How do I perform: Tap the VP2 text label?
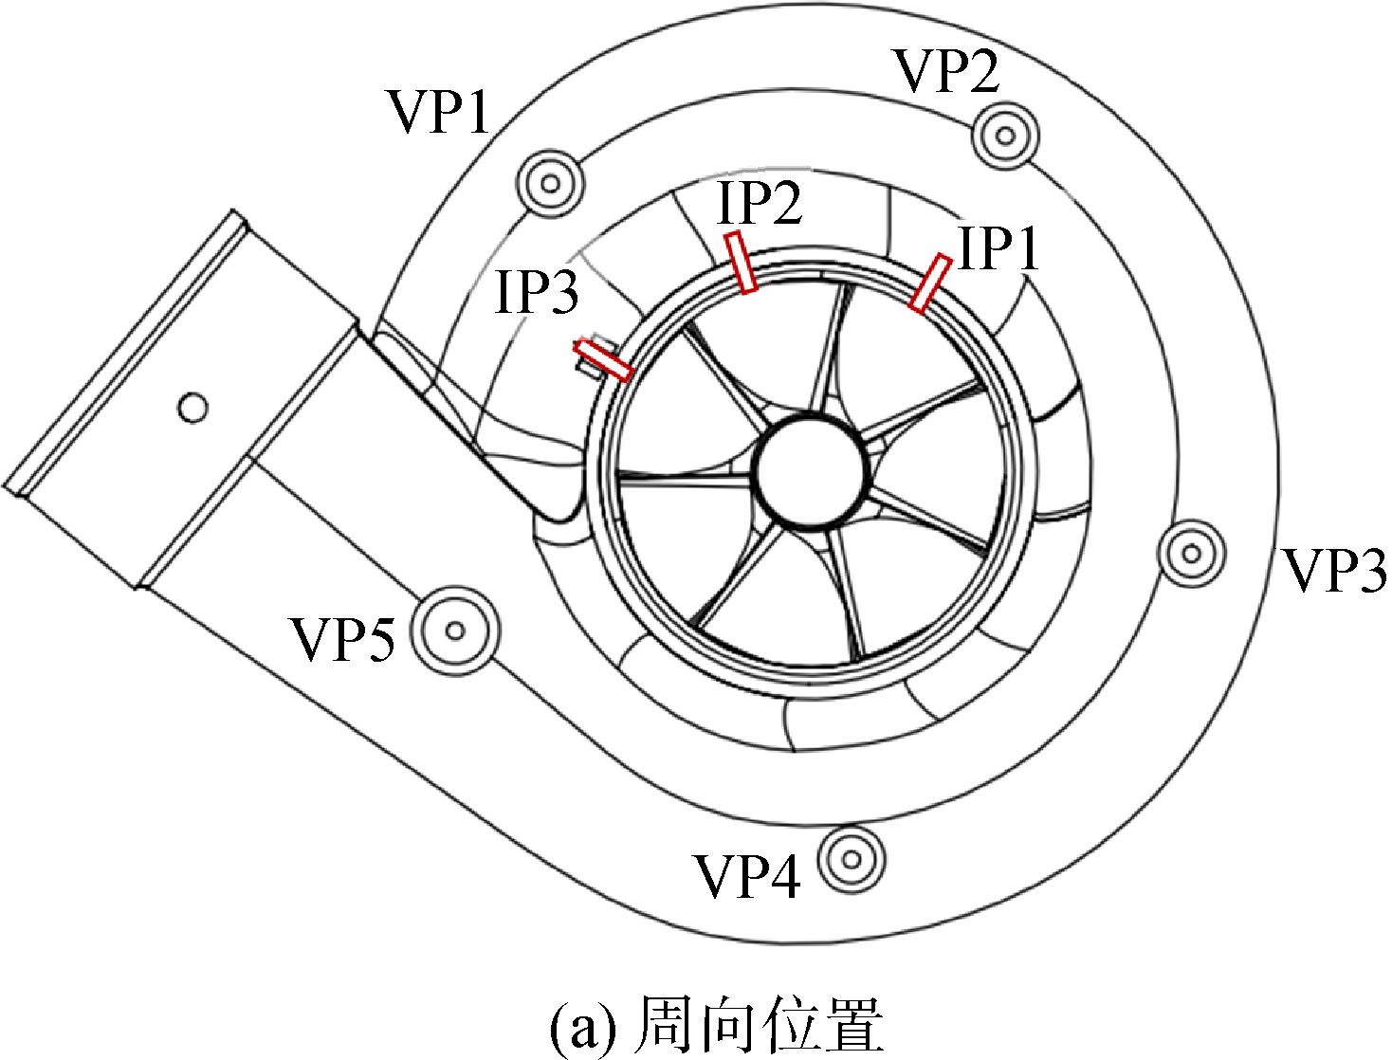(x=949, y=70)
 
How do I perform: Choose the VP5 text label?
(x=343, y=639)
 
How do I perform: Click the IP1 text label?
(x=999, y=248)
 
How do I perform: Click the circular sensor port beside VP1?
(x=551, y=185)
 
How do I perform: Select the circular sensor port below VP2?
(x=1006, y=135)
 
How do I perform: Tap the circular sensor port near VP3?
(x=1192, y=554)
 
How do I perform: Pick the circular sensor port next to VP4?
(x=852, y=860)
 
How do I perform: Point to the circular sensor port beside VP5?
(x=455, y=631)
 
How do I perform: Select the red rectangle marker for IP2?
(x=741, y=263)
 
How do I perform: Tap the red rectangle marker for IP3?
(x=603, y=360)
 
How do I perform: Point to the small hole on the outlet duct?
(x=192, y=407)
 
